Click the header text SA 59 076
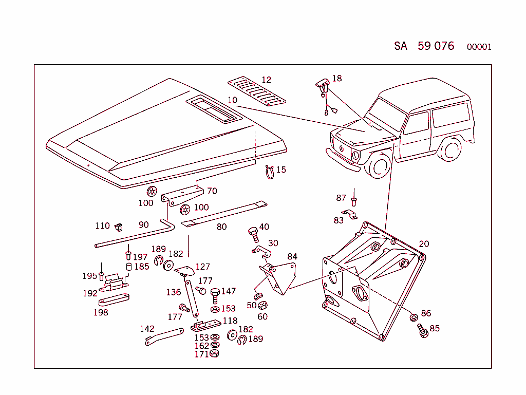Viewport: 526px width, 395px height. coord(424,46)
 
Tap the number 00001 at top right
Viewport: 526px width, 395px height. coord(479,47)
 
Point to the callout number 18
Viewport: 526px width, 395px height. coord(336,79)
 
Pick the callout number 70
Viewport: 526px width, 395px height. coord(212,191)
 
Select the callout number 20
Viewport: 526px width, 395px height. coord(424,244)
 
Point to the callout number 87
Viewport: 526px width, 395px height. coord(341,198)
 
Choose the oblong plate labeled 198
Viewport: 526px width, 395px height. coord(114,301)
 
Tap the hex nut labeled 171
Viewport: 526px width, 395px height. coord(215,354)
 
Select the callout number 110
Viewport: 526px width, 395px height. coord(102,226)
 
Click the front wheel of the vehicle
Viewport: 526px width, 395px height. coord(379,166)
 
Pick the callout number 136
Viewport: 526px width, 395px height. coord(173,292)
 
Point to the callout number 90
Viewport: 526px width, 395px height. coord(144,224)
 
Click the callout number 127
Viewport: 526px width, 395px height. coord(203,267)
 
